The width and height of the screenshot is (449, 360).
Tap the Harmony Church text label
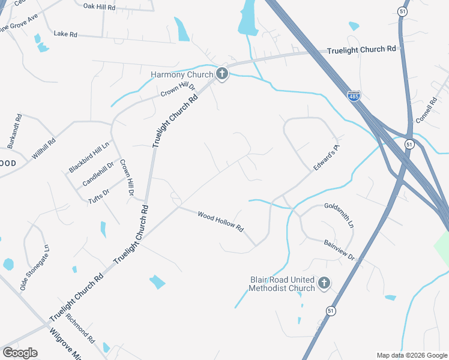coord(182,75)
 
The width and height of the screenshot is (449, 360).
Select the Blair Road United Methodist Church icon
coord(324,283)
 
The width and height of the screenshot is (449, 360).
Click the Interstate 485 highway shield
coord(354,96)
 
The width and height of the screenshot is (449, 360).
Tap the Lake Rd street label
coord(65,35)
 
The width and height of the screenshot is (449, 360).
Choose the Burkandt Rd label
coord(14,132)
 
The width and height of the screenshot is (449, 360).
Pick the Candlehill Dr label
coord(98,173)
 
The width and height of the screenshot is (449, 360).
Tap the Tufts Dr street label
coord(99,195)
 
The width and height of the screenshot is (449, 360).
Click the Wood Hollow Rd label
coord(220,221)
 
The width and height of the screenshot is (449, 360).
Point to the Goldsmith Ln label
coord(339,214)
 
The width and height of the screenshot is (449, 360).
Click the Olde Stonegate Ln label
coord(34,268)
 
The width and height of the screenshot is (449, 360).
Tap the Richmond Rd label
coord(80,328)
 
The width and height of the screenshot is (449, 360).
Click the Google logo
coord(20,352)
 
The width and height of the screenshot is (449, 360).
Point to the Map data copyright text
coord(412,355)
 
